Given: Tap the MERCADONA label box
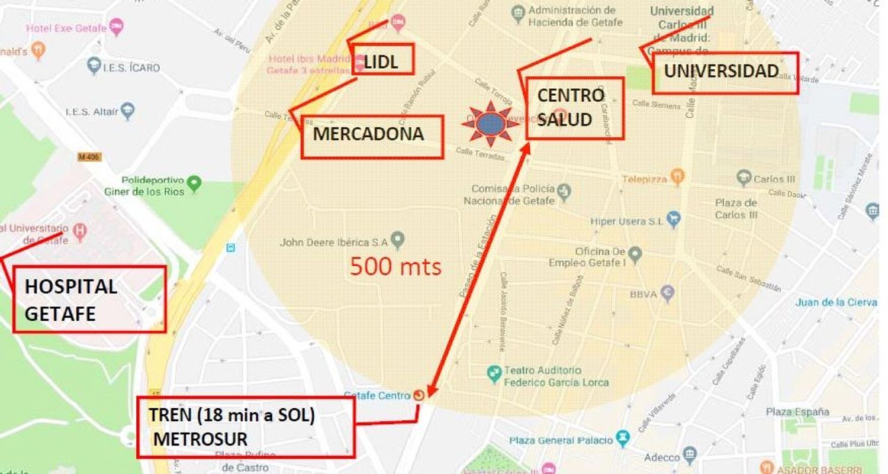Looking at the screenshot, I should point(372,137).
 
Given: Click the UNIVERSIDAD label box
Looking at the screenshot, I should point(725,73).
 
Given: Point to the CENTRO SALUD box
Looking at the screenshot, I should point(574,108).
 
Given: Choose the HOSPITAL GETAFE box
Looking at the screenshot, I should point(89,299).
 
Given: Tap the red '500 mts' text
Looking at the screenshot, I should point(395,267).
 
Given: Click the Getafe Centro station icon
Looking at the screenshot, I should point(419,395).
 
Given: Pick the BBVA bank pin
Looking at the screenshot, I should point(668,292).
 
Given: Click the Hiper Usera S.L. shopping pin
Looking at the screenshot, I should point(673,220).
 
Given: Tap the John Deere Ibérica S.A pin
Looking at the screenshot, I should point(398,240).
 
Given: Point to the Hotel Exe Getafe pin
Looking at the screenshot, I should point(117,27).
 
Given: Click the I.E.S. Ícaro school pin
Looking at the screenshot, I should point(94,66).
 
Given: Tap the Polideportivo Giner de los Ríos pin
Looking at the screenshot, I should point(194,183).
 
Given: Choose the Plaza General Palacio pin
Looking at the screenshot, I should point(622,438).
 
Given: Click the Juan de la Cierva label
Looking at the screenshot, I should point(836,302).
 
